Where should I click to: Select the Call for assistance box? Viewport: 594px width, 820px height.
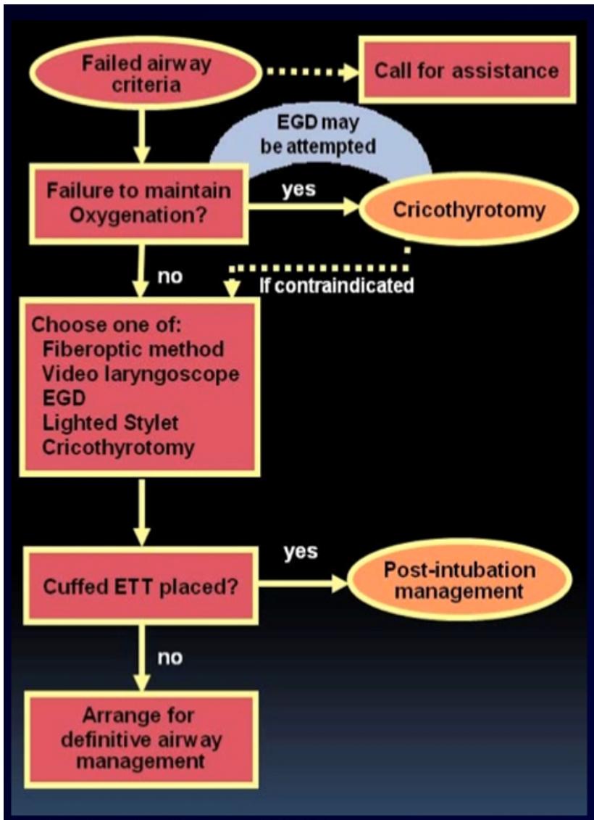(x=467, y=70)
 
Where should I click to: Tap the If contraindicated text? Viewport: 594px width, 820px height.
(x=336, y=286)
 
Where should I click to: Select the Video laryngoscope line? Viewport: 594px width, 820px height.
(x=141, y=373)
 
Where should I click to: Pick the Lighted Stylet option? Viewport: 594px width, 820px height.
(x=109, y=423)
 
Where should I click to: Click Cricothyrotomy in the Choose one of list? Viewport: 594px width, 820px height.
(x=117, y=447)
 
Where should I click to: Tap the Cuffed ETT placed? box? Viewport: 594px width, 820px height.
(x=141, y=586)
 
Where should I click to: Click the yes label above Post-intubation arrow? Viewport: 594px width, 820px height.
(x=301, y=551)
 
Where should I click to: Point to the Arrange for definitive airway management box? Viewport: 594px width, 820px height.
(x=141, y=739)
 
